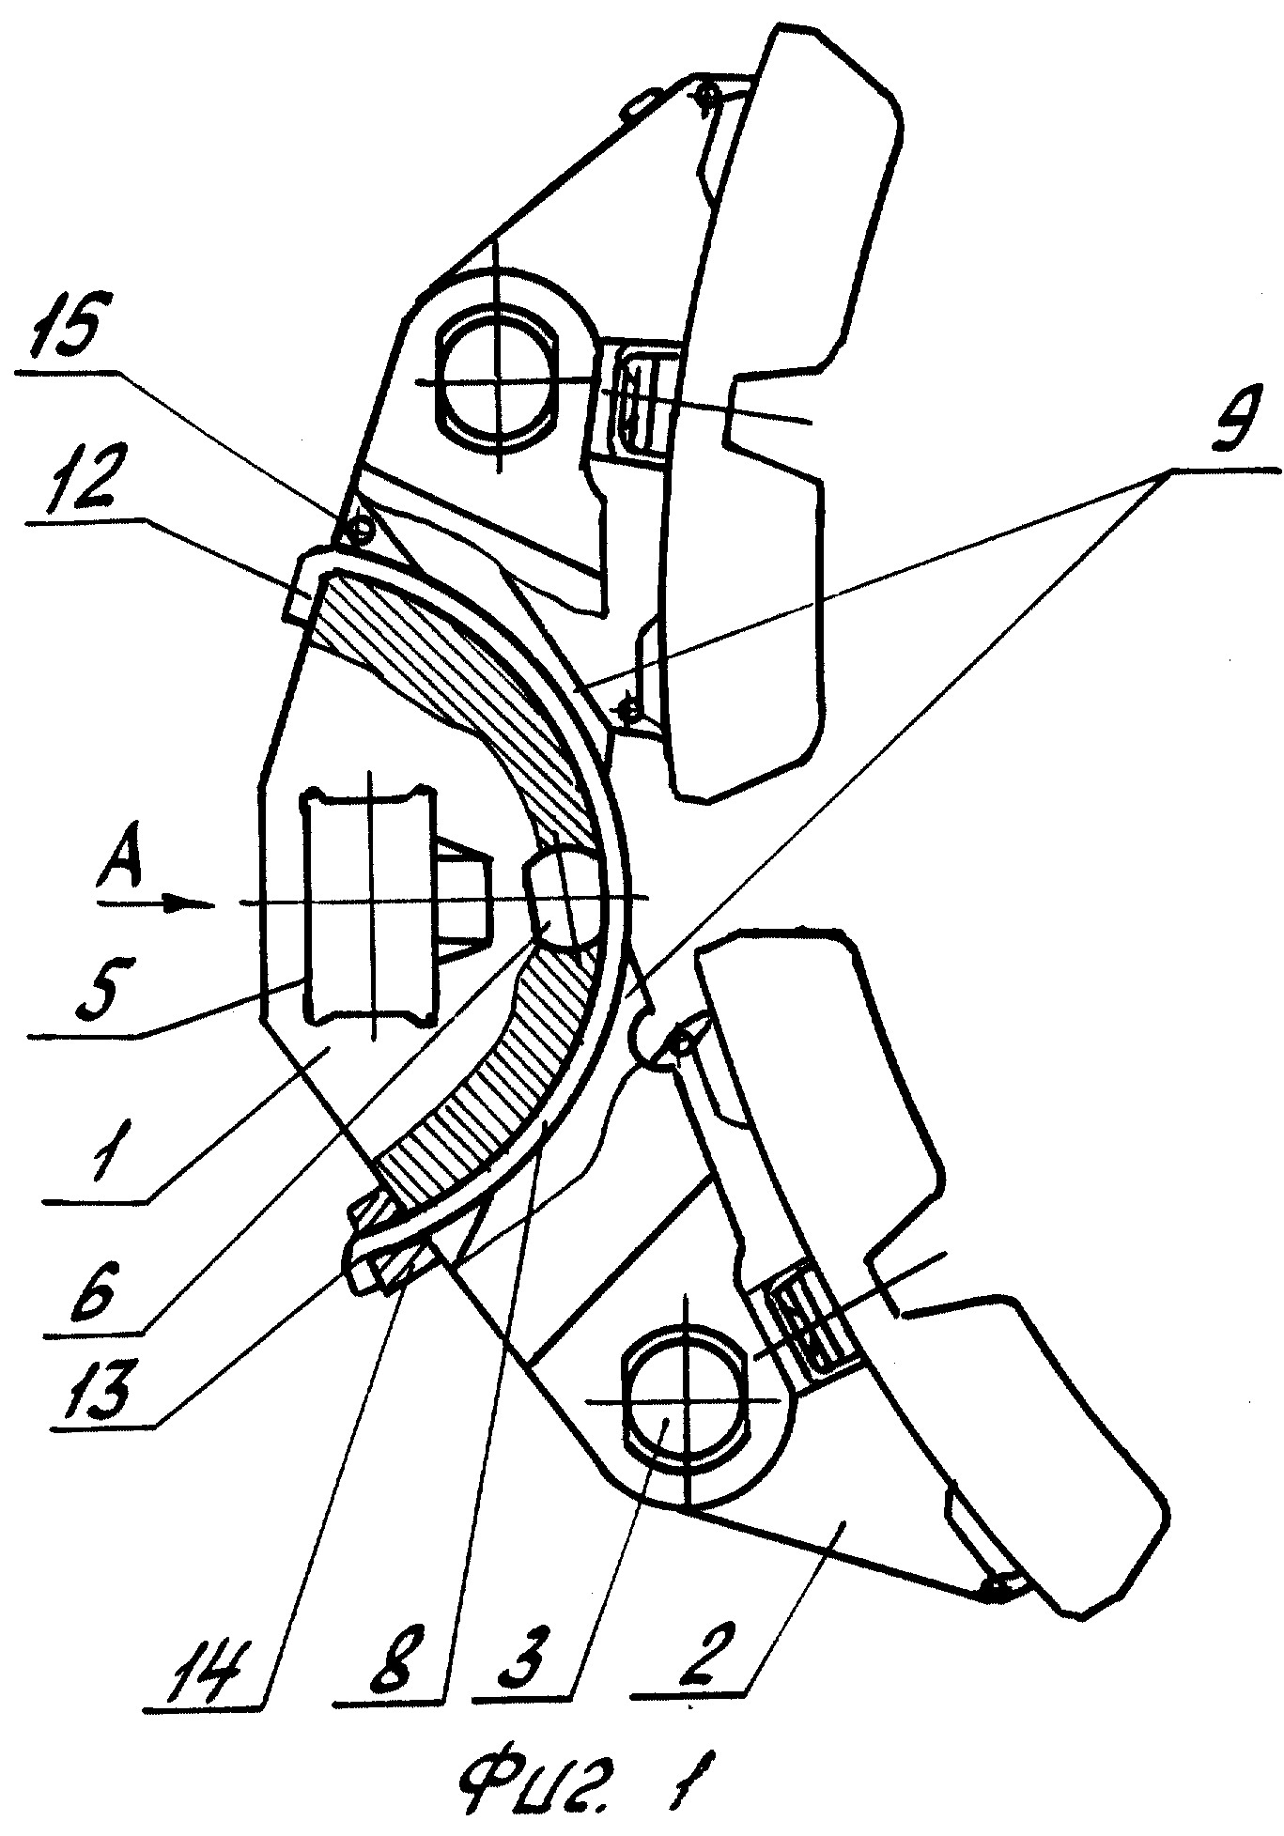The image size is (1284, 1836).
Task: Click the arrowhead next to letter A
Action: tap(192, 903)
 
